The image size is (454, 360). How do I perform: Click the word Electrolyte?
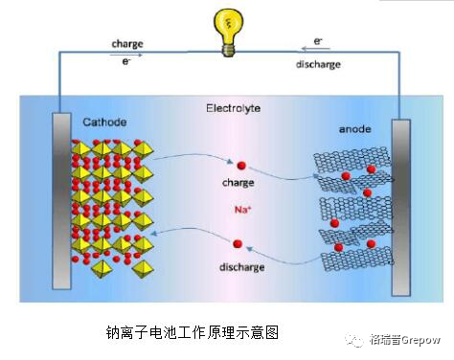233,108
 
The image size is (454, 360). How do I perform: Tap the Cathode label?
104,123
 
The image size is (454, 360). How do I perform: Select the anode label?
355,129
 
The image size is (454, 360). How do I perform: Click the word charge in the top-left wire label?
127,44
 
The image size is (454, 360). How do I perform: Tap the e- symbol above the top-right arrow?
318,41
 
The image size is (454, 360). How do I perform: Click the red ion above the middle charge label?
240,165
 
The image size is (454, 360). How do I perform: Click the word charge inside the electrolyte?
238,181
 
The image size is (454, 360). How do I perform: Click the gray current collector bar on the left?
61,200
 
